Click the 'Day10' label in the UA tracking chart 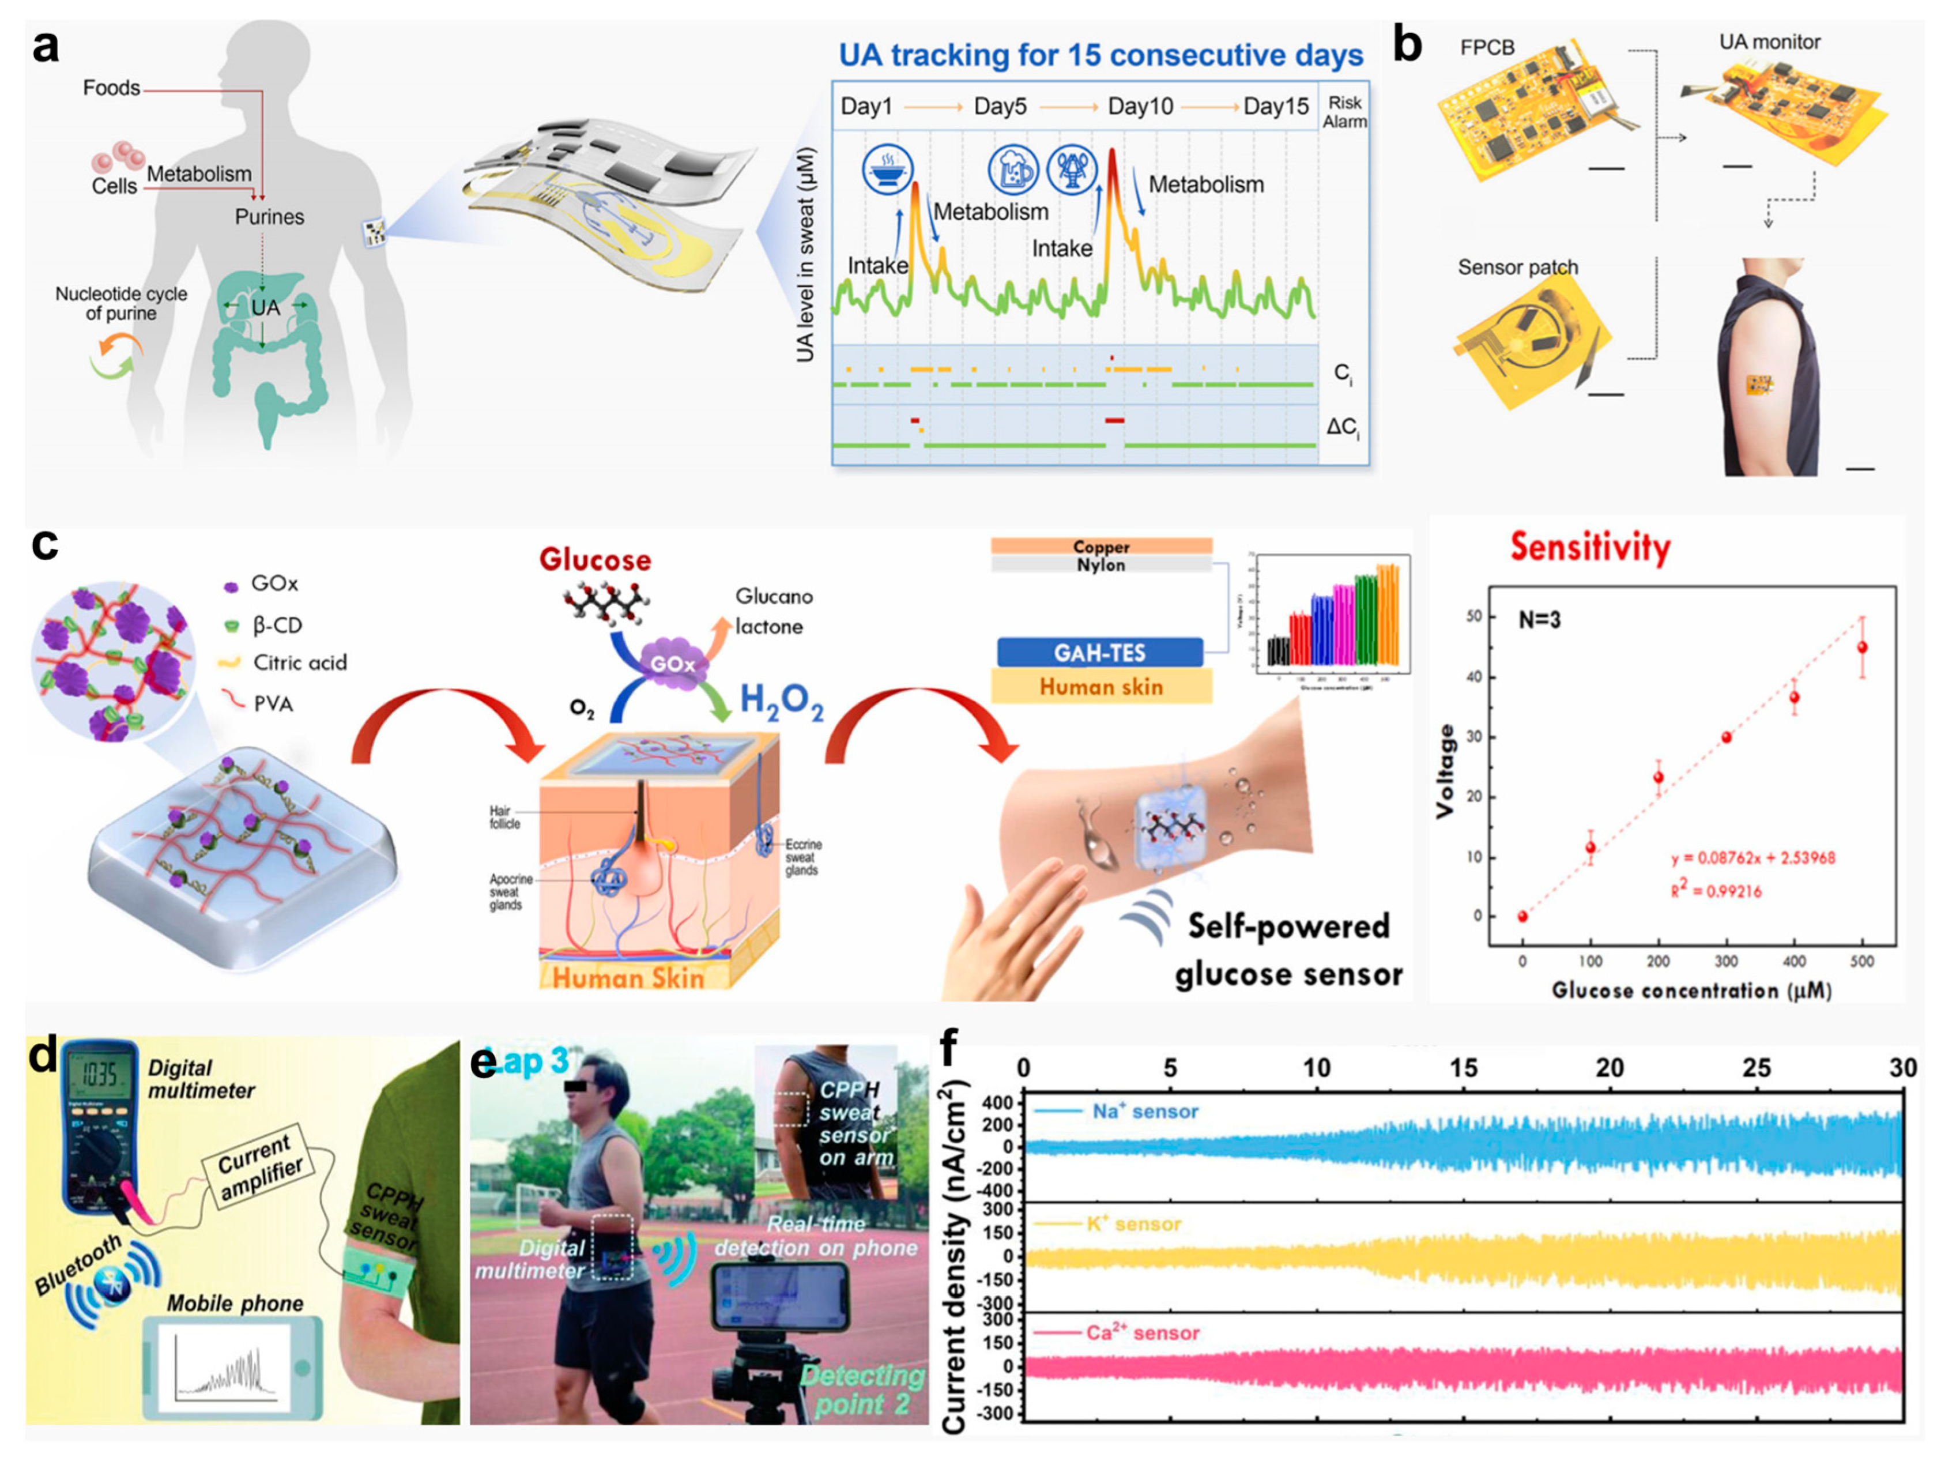1139,107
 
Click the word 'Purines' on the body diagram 269,217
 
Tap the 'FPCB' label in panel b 1487,47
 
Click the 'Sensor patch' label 1517,267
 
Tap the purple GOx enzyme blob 672,664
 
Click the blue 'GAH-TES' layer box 1099,653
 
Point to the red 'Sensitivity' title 1589,547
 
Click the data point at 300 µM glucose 1726,737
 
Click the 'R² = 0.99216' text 1716,891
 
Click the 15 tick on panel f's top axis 1463,1068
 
